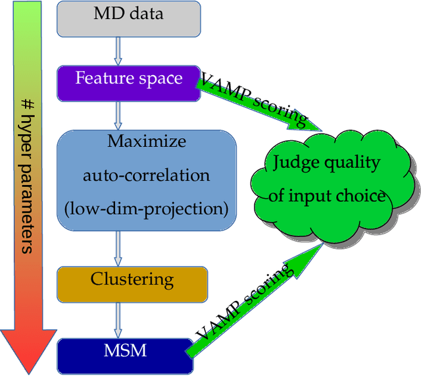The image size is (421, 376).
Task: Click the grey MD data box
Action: pyautogui.click(x=128, y=18)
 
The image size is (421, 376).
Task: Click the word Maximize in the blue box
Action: pyautogui.click(x=147, y=141)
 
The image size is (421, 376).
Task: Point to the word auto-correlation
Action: pyautogui.click(x=147, y=175)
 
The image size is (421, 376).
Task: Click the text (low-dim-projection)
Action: pyautogui.click(x=147, y=209)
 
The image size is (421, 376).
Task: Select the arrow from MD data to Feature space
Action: pyautogui.click(x=119, y=50)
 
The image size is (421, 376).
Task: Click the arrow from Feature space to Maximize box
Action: pyautogui.click(x=119, y=115)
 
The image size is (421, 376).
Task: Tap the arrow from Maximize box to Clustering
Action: pyautogui.click(x=119, y=248)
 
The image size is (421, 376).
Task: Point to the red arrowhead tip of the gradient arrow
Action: pyautogui.click(x=26, y=369)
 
